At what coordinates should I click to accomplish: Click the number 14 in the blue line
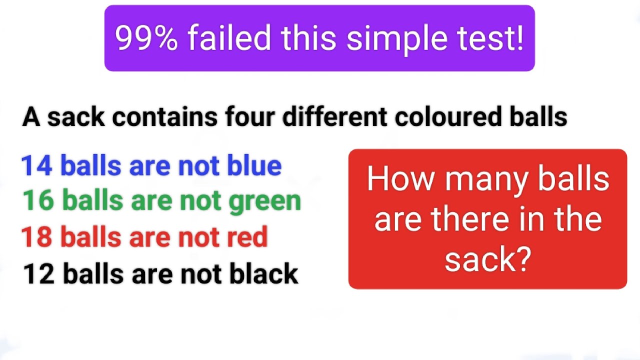pyautogui.click(x=36, y=166)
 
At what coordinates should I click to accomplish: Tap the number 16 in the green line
pyautogui.click(x=38, y=201)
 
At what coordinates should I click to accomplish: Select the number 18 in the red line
pyautogui.click(x=36, y=237)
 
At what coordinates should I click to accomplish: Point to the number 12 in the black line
pyautogui.click(x=39, y=274)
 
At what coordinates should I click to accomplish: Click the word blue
pyautogui.click(x=254, y=166)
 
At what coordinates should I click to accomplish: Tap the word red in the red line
pyautogui.click(x=248, y=237)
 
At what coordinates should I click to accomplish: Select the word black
pyautogui.click(x=263, y=274)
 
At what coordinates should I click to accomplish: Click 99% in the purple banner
pyautogui.click(x=146, y=38)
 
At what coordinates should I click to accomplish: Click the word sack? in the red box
pyautogui.click(x=487, y=259)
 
